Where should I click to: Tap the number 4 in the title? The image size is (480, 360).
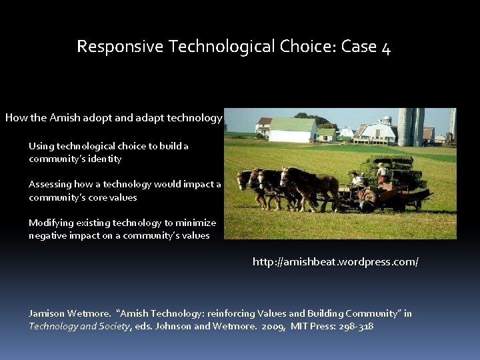pyautogui.click(x=386, y=47)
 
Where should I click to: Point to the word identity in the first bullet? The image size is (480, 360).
pyautogui.click(x=103, y=159)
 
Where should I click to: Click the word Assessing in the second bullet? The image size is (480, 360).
pyautogui.click(x=50, y=184)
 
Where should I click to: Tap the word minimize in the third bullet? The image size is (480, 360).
pyautogui.click(x=195, y=223)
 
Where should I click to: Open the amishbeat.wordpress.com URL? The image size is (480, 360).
pyautogui.click(x=335, y=262)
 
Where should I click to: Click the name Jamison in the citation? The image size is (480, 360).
pyautogui.click(x=48, y=313)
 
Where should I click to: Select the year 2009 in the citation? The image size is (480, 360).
pyautogui.click(x=273, y=326)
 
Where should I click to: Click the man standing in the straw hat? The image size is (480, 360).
pyautogui.click(x=382, y=173)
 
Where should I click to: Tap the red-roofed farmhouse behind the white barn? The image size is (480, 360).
pyautogui.click(x=263, y=126)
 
